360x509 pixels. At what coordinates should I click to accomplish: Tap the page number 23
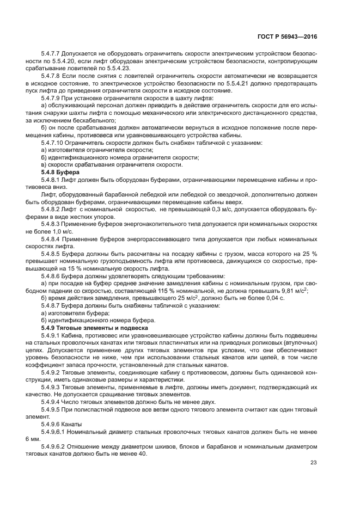[x=313, y=463]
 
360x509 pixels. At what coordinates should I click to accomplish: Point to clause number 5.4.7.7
[x=52, y=54]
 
